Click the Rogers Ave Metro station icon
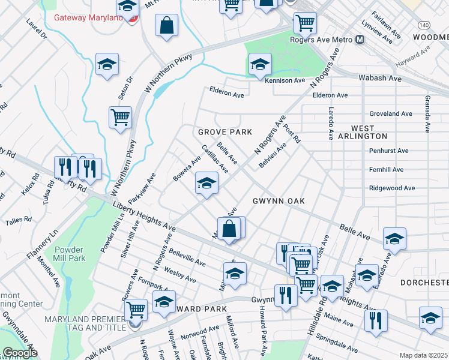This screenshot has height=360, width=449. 360,40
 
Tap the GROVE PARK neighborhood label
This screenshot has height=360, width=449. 225,131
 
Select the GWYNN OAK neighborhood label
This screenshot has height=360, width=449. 279,201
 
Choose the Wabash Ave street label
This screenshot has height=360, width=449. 379,79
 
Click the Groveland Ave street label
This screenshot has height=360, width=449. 391,113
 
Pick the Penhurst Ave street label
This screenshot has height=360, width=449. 390,151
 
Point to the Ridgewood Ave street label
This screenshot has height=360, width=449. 392,188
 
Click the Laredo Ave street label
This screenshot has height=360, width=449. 331,123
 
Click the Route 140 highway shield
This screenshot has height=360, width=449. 424,25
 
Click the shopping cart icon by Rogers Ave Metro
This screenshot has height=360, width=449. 305,23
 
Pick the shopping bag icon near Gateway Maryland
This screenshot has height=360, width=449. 167,26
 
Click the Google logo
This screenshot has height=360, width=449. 20,353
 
